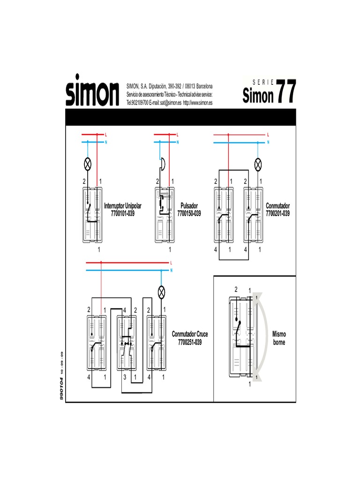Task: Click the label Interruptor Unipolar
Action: click(x=122, y=206)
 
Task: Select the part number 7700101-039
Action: click(x=122, y=213)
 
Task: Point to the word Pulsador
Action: click(x=189, y=206)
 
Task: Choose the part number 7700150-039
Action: click(x=189, y=213)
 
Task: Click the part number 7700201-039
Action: click(x=277, y=213)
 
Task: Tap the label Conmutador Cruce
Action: click(x=190, y=334)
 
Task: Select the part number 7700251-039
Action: click(x=190, y=342)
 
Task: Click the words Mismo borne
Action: click(x=279, y=338)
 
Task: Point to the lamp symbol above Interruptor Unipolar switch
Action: click(x=87, y=164)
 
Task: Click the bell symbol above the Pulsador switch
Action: click(x=163, y=164)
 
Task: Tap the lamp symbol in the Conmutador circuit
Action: click(x=257, y=164)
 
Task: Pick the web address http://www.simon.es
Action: click(x=197, y=103)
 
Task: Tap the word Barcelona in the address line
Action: click(x=203, y=86)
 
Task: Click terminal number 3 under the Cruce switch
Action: click(x=125, y=377)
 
